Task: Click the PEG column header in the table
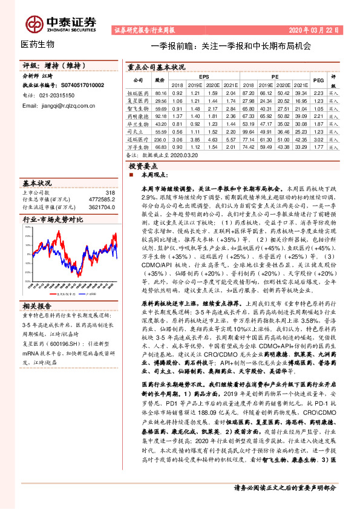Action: click(319, 80)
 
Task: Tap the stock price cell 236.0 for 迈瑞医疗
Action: click(160, 138)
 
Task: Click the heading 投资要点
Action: click(145, 165)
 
